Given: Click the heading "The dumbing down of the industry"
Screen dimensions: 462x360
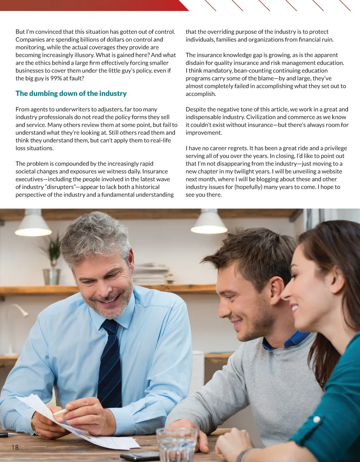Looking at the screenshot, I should coord(71,94).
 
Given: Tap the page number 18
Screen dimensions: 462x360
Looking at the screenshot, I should coord(15,447).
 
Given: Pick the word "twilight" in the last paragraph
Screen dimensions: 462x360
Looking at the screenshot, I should coord(259,171).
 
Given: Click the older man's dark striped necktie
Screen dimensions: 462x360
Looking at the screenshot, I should coord(110,366).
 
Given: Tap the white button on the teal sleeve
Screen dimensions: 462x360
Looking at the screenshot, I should coord(317,419).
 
